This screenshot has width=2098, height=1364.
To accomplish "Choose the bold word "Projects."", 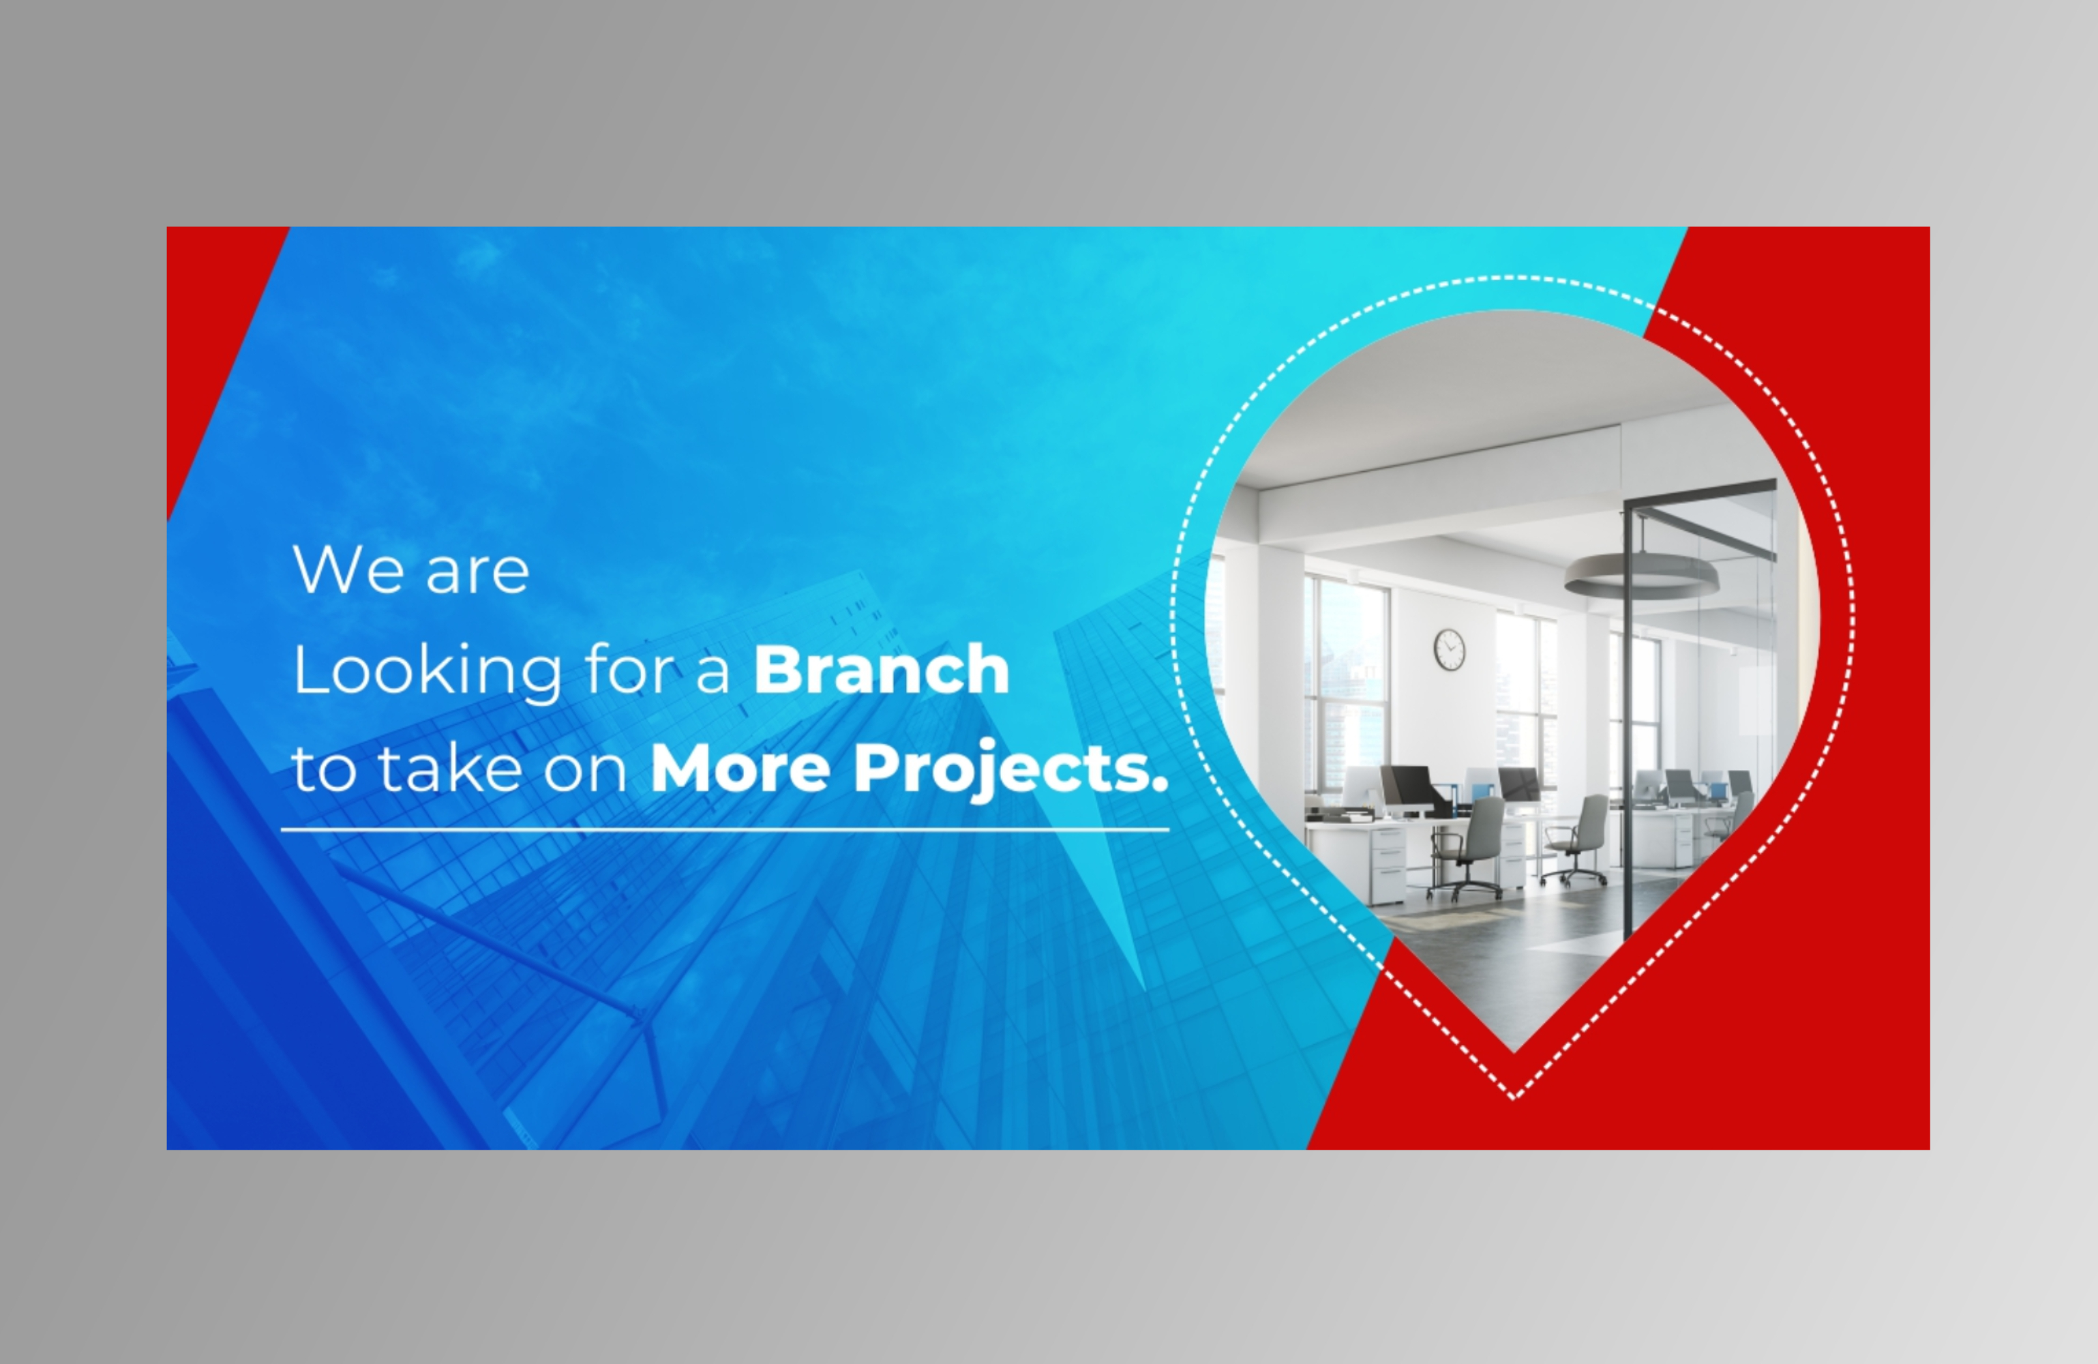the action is coord(1011,771).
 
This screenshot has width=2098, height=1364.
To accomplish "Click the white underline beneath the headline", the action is coord(725,830).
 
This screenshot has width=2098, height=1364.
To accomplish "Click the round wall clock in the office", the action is coord(1449,649).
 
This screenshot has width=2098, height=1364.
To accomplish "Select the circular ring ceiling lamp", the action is coord(1640,578).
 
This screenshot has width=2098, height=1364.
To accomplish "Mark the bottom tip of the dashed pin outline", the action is coord(1514,1099).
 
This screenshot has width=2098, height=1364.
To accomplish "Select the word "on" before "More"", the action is coord(584,771).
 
